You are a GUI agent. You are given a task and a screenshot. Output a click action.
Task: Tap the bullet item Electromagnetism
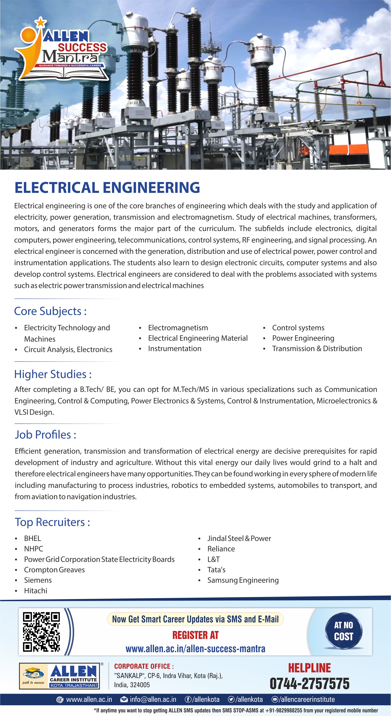pyautogui.click(x=178, y=328)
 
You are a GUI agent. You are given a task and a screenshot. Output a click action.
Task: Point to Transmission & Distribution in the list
pyautogui.click(x=317, y=349)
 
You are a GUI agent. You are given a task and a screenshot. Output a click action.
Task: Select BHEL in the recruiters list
pyautogui.click(x=32, y=538)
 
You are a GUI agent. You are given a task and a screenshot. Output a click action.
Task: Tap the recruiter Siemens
pyautogui.click(x=38, y=580)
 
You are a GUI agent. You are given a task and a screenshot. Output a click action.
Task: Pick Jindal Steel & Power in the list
pyautogui.click(x=239, y=538)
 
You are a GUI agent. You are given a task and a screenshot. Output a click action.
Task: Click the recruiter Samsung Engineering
pyautogui.click(x=243, y=580)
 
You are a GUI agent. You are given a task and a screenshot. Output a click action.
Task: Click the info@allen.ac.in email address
pyautogui.click(x=153, y=699)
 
